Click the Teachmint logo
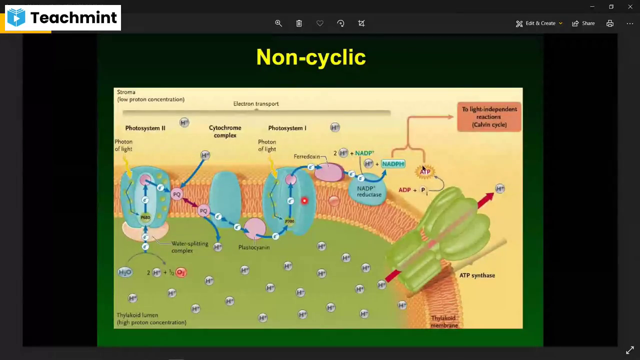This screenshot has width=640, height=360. [x=62, y=18]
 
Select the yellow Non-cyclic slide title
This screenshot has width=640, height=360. [x=311, y=57]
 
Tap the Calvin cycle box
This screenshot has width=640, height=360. [x=489, y=117]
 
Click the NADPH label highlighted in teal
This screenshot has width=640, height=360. [x=393, y=164]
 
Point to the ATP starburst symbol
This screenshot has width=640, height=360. [x=425, y=172]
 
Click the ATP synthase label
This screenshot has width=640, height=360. [x=477, y=275]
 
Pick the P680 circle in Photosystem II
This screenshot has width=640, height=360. [x=145, y=217]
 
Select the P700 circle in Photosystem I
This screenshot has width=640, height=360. [x=289, y=221]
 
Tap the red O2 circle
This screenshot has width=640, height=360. [x=181, y=272]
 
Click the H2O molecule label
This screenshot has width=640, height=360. [x=124, y=272]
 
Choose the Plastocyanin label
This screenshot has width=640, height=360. [x=254, y=247]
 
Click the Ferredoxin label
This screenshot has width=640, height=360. [x=306, y=156]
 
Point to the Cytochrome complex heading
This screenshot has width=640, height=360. [x=225, y=131]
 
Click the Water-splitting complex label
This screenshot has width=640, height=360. [x=189, y=247]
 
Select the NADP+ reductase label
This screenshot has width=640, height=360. [x=369, y=191]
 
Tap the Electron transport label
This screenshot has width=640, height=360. [x=256, y=104]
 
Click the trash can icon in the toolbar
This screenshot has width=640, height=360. [x=299, y=23]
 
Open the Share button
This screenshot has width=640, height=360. [x=583, y=23]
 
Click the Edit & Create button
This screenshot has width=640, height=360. [x=539, y=23]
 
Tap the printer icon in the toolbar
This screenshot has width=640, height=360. [x=610, y=23]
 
